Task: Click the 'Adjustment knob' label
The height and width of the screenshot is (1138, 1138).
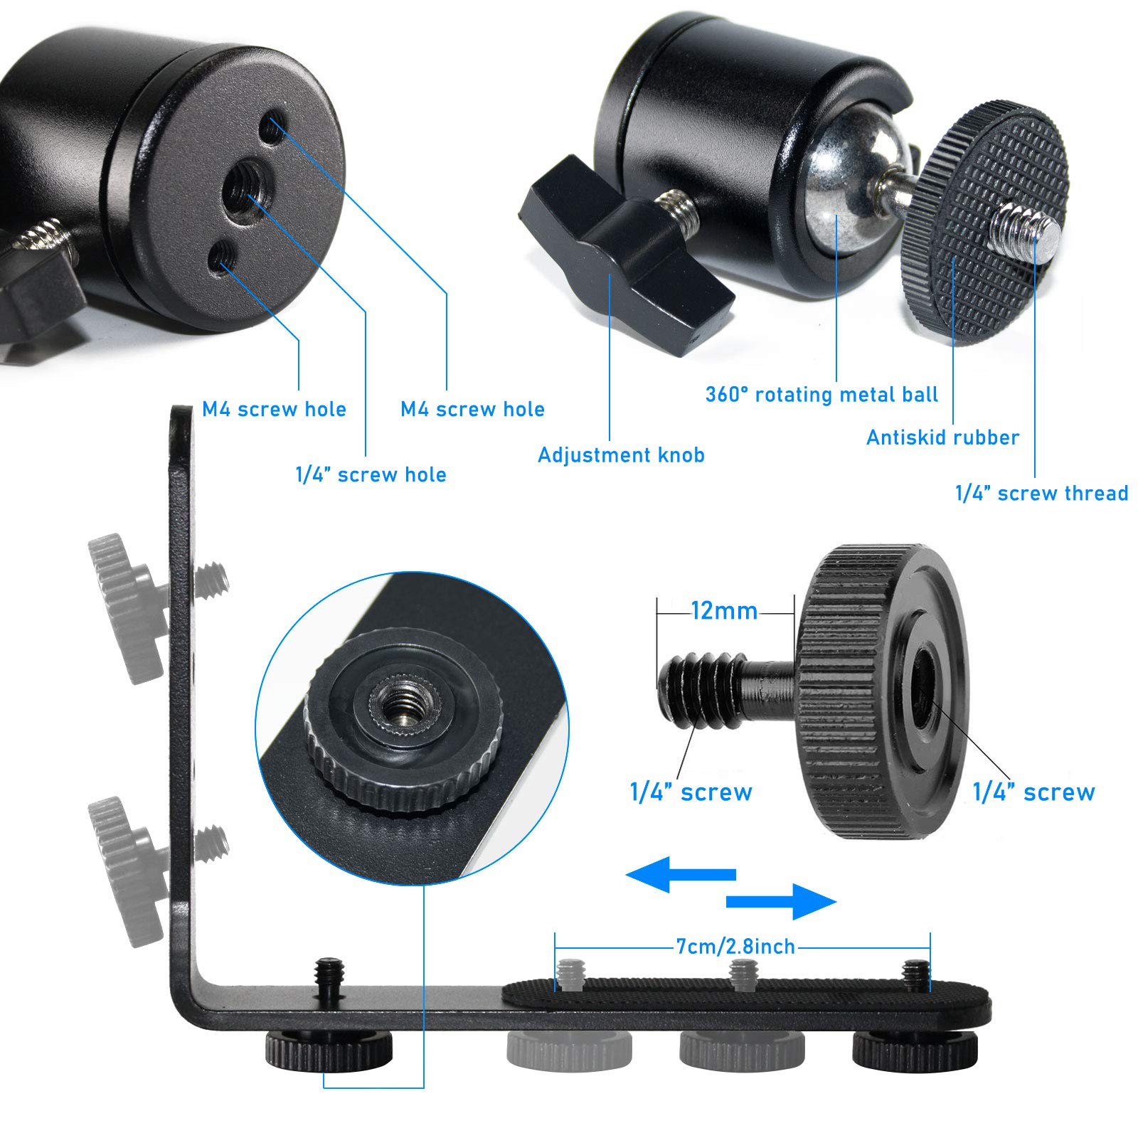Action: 621,455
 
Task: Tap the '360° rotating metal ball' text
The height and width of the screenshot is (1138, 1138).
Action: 821,395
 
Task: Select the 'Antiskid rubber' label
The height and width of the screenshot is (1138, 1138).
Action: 942,437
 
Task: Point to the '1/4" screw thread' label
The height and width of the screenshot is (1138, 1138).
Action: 1041,494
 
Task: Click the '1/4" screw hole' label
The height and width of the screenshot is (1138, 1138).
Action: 371,475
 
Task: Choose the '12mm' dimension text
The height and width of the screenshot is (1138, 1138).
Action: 724,611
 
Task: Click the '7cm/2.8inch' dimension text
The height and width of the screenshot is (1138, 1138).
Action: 735,947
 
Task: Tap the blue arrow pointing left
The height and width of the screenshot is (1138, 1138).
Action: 679,874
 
